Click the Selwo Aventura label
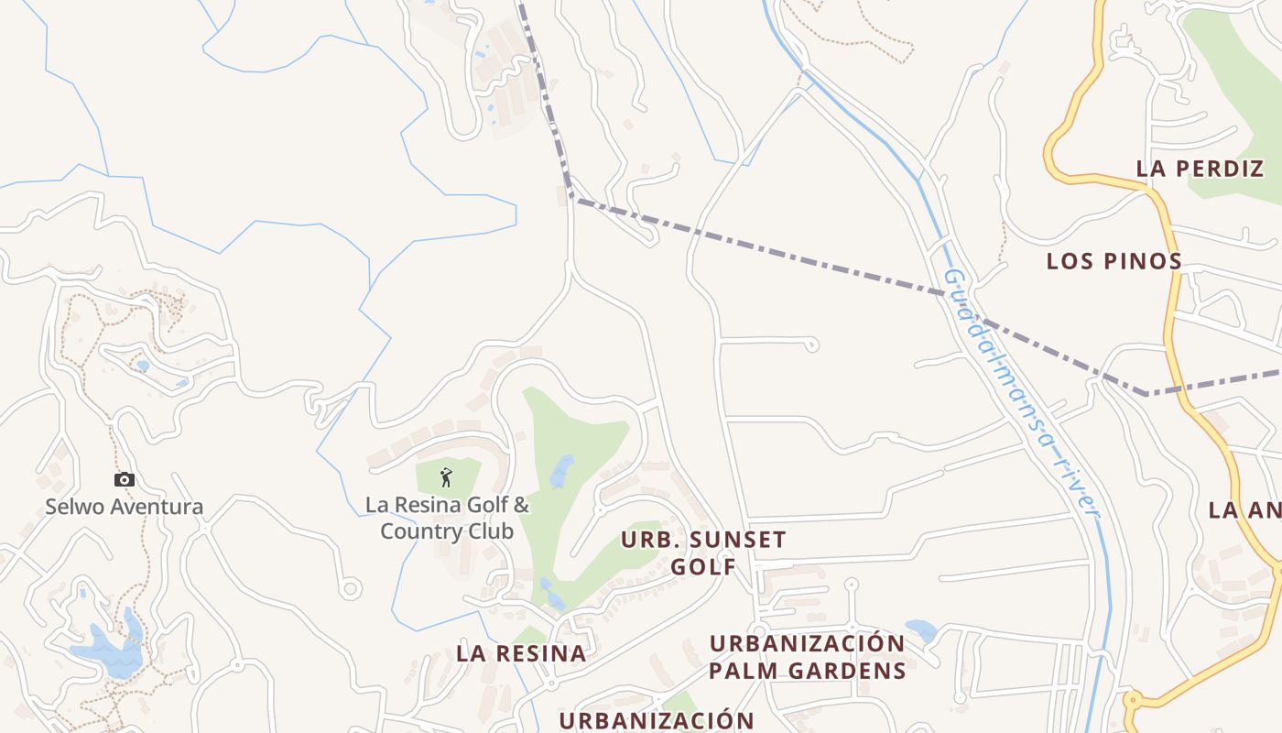pos(125,507)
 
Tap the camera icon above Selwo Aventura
pos(125,479)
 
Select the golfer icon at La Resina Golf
pos(446,477)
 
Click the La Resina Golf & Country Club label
pos(447,518)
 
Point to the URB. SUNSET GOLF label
pos(703,552)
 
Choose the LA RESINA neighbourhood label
pos(521,653)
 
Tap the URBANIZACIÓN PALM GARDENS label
pos(807,656)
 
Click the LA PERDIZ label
pos(1200,169)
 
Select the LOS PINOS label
pos(1114,261)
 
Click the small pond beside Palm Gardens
pos(920,630)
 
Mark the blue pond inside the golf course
pos(560,471)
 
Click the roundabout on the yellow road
pos(1132,701)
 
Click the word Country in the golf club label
pos(421,531)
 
